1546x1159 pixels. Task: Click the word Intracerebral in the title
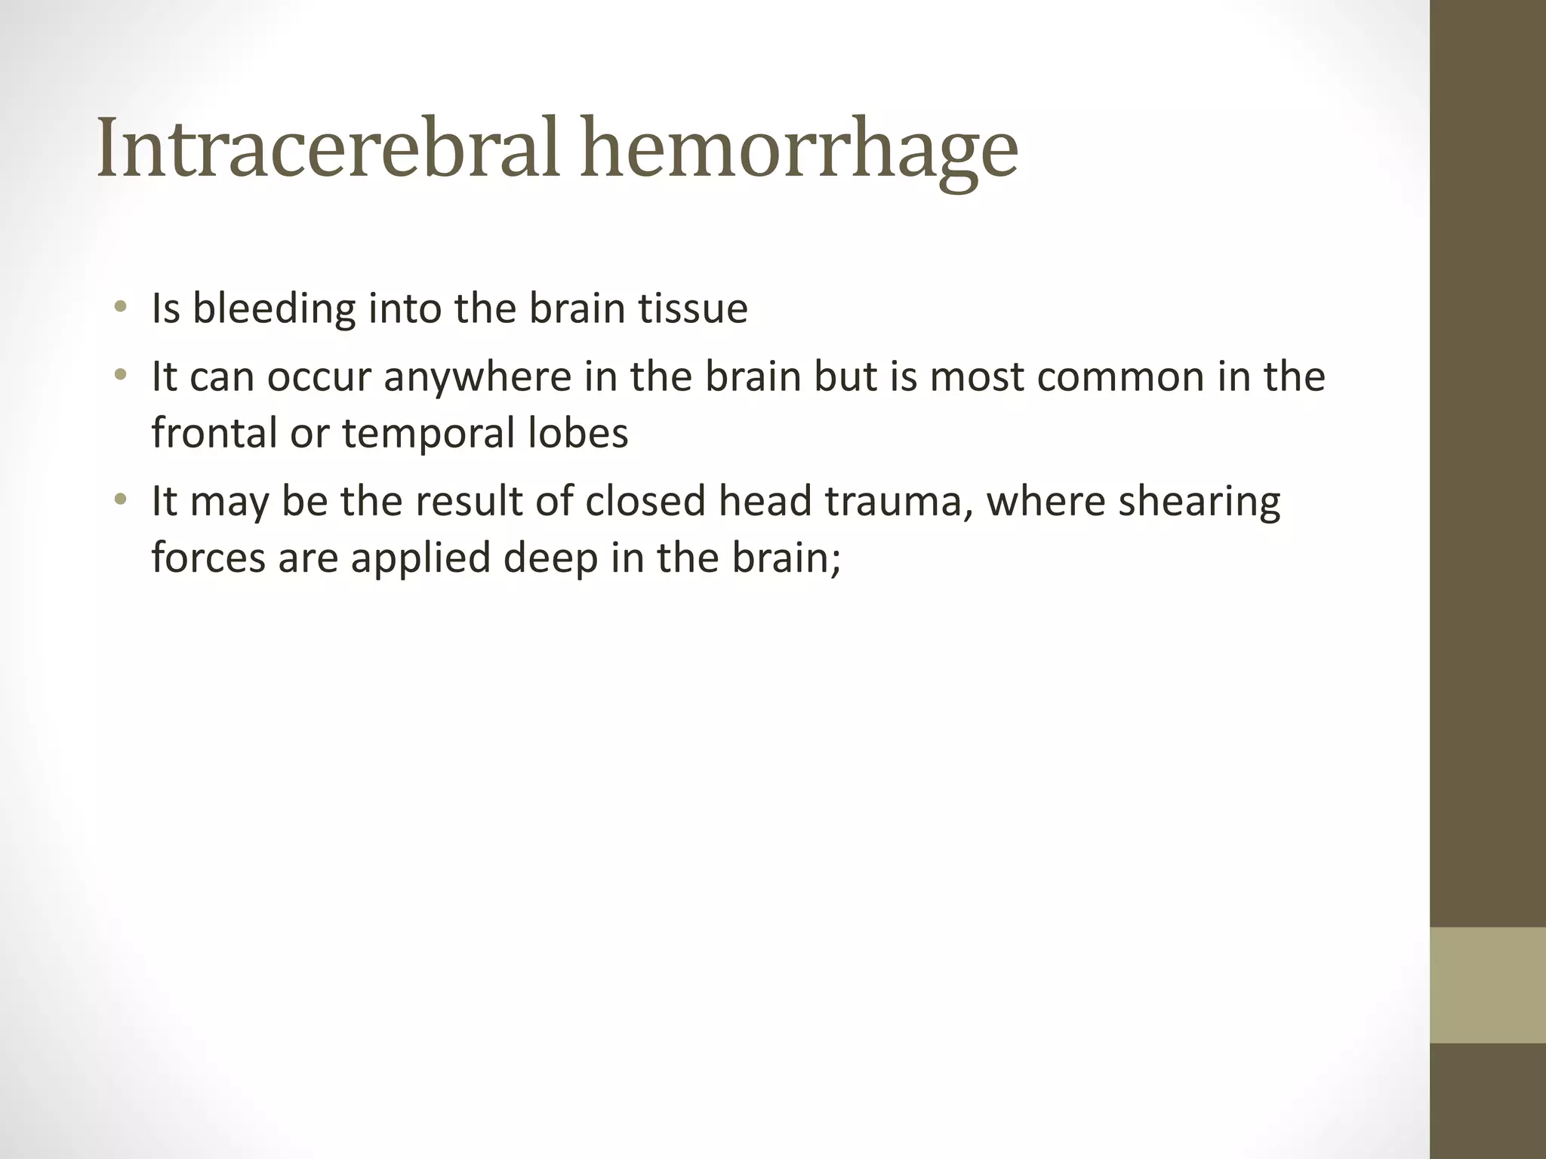(327, 148)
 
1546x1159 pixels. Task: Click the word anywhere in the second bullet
(477, 377)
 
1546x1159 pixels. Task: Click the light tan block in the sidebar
(1487, 985)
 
